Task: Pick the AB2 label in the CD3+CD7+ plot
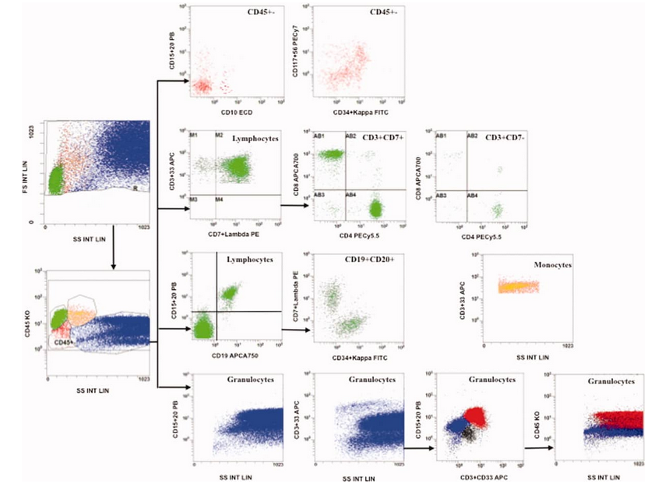click(x=351, y=136)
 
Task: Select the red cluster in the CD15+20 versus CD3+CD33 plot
click(x=477, y=419)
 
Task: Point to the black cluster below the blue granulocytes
click(x=467, y=433)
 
